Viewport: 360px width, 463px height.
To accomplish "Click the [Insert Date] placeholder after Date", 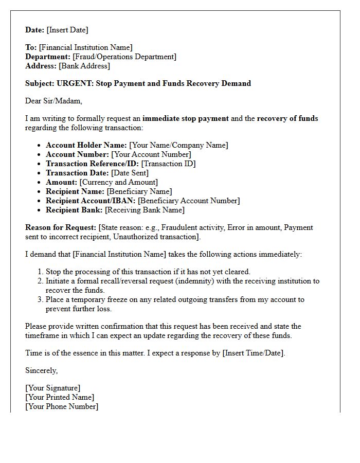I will point(67,30).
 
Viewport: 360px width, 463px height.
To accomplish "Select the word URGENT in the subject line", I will point(74,83).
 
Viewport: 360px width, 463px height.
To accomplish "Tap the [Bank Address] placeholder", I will point(84,66).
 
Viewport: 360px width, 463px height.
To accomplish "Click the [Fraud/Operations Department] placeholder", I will point(124,57).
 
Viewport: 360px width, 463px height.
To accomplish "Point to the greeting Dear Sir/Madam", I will point(53,101).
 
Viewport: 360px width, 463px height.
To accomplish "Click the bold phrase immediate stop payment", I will point(186,118).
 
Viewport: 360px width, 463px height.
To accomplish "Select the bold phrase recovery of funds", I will point(287,118).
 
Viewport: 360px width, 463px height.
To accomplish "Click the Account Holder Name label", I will point(86,145).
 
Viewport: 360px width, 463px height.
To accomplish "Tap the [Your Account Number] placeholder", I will point(151,154).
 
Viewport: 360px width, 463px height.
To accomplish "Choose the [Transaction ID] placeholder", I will point(168,164).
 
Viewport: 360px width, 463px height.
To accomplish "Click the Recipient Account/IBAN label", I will point(91,201).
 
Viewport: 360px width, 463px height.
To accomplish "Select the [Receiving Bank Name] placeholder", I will point(145,210).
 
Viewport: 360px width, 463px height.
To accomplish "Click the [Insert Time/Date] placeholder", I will point(253,353).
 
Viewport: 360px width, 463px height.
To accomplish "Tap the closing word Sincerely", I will point(42,370).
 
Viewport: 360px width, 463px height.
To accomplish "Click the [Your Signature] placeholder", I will point(52,388).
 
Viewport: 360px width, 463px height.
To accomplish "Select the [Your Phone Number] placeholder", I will point(62,406).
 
